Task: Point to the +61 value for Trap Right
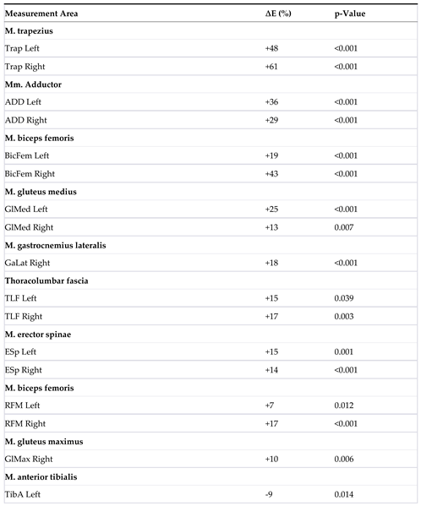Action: tap(272, 67)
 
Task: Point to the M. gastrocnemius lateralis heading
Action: tap(66, 245)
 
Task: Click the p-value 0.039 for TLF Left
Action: tap(346, 299)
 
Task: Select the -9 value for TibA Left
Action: tap(269, 495)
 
